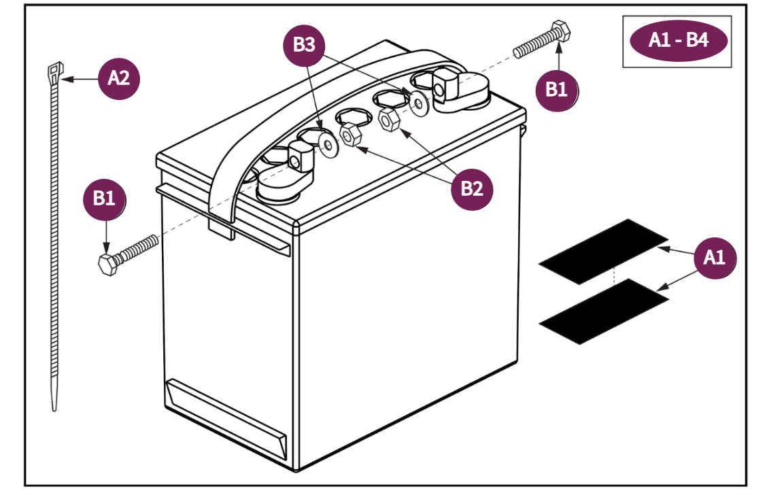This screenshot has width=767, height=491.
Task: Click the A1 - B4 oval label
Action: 678,40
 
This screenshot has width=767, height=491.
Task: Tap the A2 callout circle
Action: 119,79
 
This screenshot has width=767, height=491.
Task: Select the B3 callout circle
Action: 304,46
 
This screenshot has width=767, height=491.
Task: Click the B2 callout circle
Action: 473,189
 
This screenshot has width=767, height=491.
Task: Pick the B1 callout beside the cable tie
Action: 104,199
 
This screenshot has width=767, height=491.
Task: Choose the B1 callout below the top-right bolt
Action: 556,89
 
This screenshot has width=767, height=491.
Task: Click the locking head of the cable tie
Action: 54,69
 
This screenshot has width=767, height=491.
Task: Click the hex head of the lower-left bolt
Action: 107,264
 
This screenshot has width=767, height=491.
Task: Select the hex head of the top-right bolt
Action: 560,31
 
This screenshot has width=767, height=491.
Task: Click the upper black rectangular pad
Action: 603,251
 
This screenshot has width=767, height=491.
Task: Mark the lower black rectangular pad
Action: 603,311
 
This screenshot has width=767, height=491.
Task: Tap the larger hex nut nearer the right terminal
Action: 389,120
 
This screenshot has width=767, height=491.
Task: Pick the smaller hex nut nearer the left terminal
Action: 349,135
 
